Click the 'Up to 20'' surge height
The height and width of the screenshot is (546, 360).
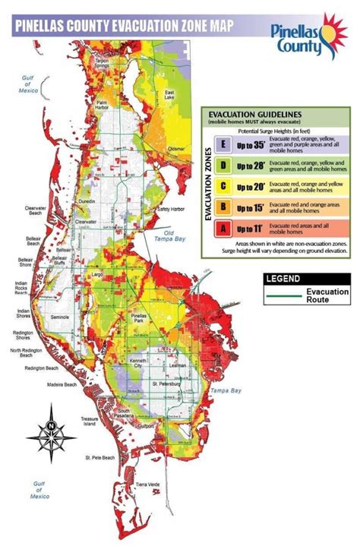248,185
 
